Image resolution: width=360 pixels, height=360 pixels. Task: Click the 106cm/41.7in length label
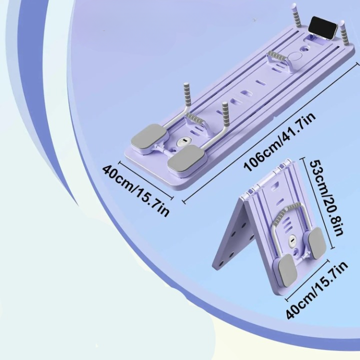click(x=279, y=141)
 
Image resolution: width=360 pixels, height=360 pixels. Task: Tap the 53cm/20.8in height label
click(x=325, y=197)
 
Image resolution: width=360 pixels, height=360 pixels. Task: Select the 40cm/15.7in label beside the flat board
click(x=135, y=190)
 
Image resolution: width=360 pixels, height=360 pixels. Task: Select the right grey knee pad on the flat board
click(x=186, y=158)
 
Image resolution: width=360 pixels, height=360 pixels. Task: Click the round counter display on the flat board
click(x=183, y=141)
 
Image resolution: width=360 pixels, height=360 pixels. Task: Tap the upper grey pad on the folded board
click(x=317, y=240)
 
